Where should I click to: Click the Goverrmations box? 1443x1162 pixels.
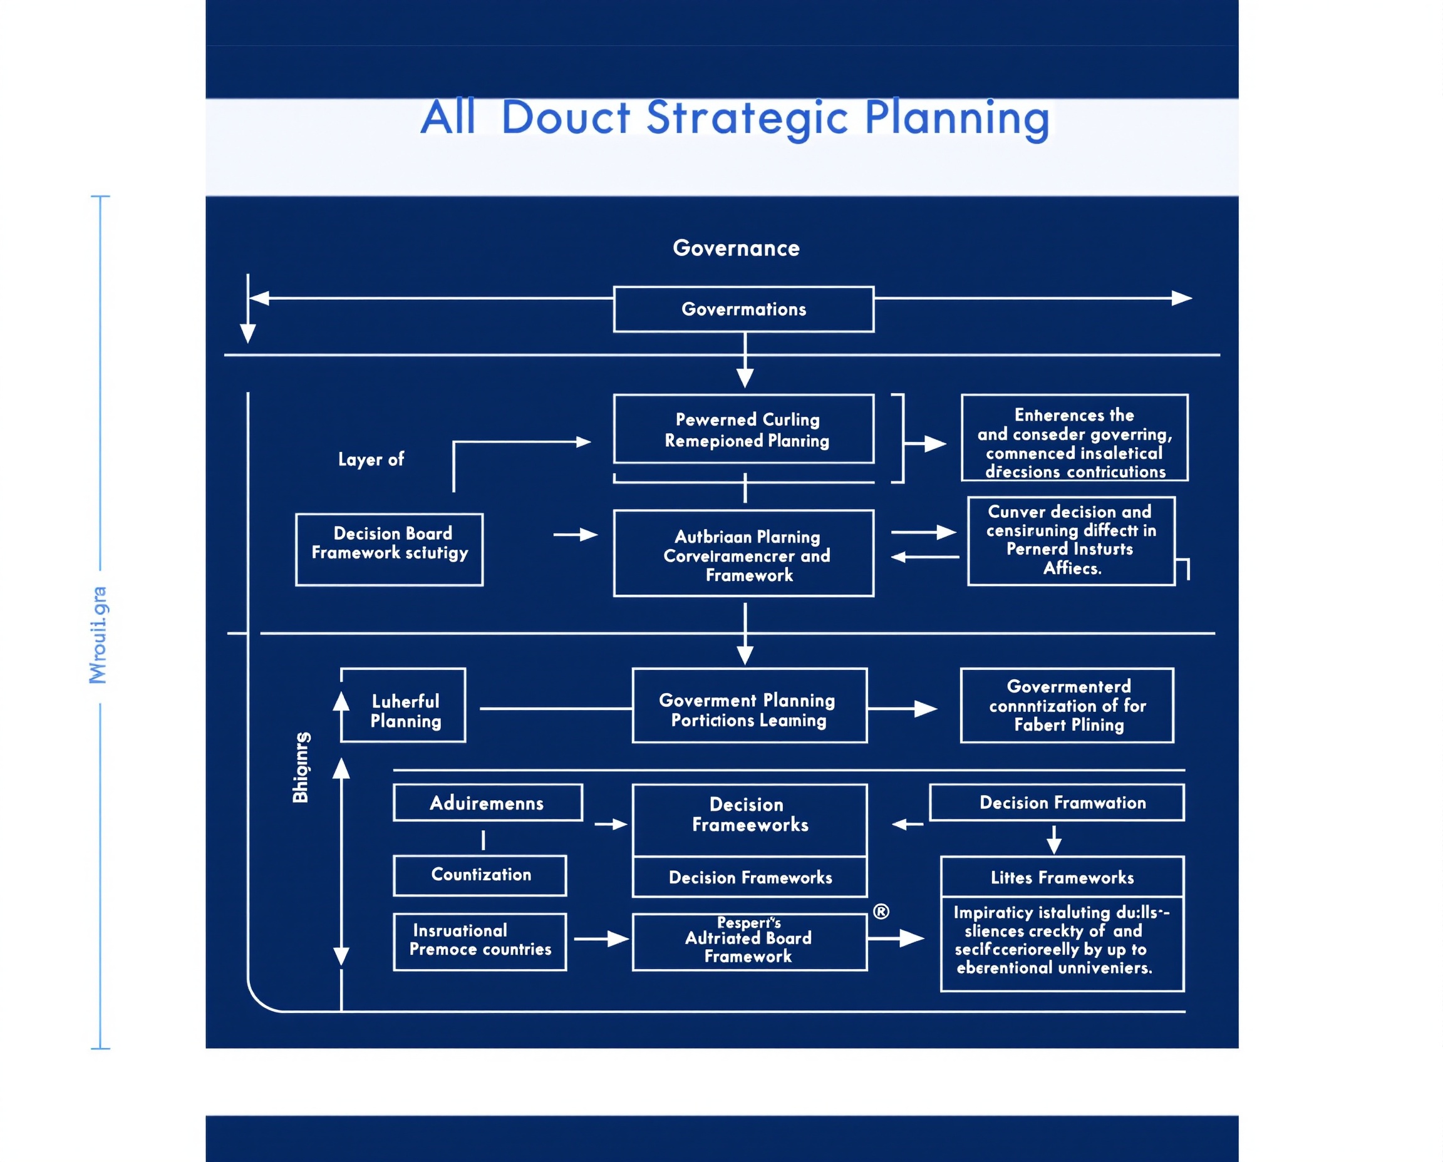coord(743,309)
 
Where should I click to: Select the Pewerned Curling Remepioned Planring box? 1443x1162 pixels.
coord(743,429)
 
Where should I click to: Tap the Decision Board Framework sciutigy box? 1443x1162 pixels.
coord(389,550)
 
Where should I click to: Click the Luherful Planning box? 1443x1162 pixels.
coord(403,705)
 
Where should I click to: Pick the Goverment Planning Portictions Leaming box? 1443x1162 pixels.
coord(749,706)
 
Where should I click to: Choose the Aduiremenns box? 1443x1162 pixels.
coord(487,803)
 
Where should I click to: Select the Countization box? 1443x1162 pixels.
coord(480,875)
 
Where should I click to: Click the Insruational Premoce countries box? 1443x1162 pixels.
coord(480,941)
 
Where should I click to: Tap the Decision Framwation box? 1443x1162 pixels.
coord(1057,803)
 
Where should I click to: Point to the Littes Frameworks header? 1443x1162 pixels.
coord(1062,877)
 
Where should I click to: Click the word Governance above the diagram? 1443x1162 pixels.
coord(736,249)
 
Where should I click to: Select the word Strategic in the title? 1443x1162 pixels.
coord(747,118)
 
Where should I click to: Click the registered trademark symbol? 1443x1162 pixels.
coord(881,911)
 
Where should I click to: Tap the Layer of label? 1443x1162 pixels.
coord(371,459)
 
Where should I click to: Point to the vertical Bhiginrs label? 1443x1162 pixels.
coord(301,767)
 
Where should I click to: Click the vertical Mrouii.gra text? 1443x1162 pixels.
coord(98,635)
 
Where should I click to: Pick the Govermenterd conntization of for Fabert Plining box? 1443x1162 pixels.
coord(1067,706)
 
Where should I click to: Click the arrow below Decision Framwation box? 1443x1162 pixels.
coord(1054,840)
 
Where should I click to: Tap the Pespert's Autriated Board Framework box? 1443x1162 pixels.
coord(749,942)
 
